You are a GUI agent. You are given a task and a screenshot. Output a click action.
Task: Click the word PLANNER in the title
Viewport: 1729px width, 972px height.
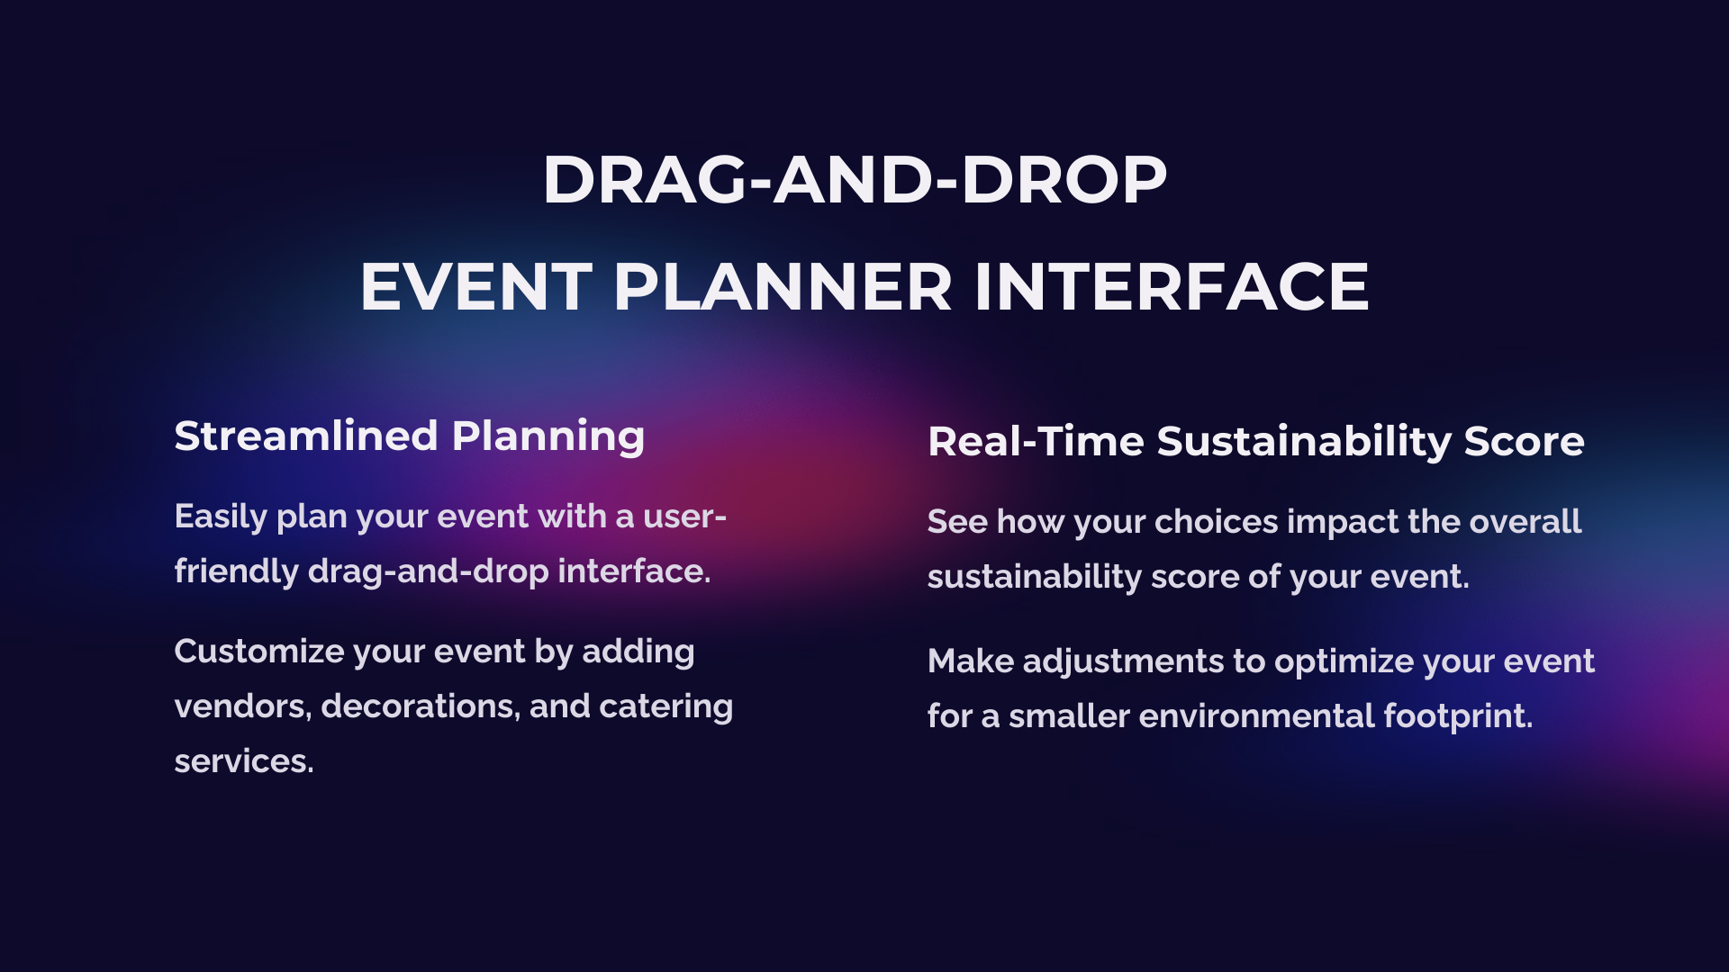tap(783, 287)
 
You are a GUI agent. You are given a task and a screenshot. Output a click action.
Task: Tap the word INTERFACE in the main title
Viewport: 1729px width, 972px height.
tap(1172, 287)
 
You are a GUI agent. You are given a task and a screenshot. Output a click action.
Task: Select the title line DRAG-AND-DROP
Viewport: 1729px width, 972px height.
tap(855, 180)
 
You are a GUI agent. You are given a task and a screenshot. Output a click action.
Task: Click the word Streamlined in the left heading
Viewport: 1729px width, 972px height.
tap(306, 436)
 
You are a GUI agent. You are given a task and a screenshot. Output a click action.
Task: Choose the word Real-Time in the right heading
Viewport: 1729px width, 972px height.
tap(1036, 441)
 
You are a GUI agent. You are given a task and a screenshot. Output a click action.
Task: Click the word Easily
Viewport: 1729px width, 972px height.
tap(221, 517)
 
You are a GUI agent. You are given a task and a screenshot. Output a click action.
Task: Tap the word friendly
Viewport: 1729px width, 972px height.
tap(236, 571)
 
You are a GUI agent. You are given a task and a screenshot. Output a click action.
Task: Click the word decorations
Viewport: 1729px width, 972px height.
tap(421, 707)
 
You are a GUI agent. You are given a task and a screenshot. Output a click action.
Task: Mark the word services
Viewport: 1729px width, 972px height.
tap(244, 762)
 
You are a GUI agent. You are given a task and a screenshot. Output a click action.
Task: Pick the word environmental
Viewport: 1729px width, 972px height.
tap(1256, 716)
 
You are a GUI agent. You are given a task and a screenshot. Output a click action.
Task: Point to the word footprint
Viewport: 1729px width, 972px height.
tap(1458, 717)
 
